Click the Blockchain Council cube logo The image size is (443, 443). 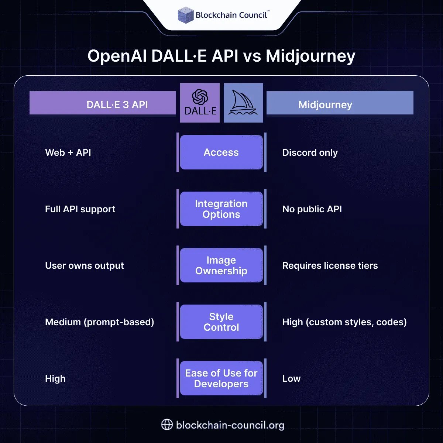click(x=185, y=15)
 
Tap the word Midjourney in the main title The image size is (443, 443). click(x=310, y=56)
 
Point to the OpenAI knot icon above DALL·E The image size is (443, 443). click(x=200, y=97)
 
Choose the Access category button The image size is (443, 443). click(x=221, y=152)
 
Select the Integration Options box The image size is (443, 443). click(x=221, y=209)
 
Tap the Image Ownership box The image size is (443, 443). click(x=221, y=265)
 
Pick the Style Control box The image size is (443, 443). click(x=221, y=322)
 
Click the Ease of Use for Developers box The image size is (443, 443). click(x=221, y=378)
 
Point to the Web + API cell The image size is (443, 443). click(x=68, y=153)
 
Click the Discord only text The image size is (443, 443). click(x=310, y=153)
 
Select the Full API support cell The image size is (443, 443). click(x=80, y=209)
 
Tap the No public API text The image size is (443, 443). click(x=312, y=209)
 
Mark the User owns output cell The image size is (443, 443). click(x=84, y=266)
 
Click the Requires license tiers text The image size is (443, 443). click(x=330, y=266)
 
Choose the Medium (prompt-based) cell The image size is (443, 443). click(x=99, y=322)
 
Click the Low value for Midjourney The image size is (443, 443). click(x=291, y=379)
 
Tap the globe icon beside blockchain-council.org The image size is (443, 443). click(x=167, y=425)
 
